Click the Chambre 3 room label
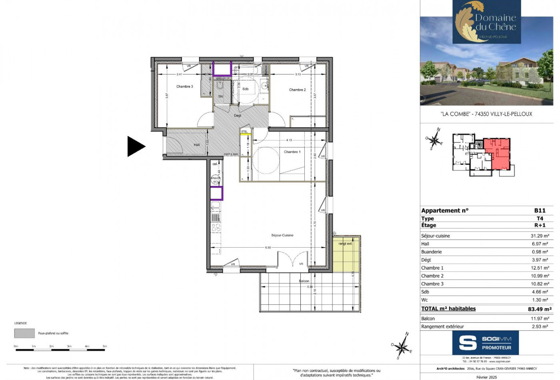point(184,86)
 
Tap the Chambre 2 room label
point(297,90)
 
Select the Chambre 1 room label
point(292,152)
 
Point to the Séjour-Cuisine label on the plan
point(282,235)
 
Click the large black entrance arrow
point(136,146)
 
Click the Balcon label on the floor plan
point(304,281)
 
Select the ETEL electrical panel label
point(244,132)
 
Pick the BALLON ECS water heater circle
point(216,180)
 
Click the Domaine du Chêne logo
point(486,22)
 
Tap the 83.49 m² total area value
point(540,309)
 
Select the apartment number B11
point(540,210)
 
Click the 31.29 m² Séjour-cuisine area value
point(540,236)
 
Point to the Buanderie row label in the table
point(431,252)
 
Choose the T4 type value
point(540,218)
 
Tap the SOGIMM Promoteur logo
point(485,343)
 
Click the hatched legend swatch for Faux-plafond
point(24,333)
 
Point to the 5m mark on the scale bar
point(105,346)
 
